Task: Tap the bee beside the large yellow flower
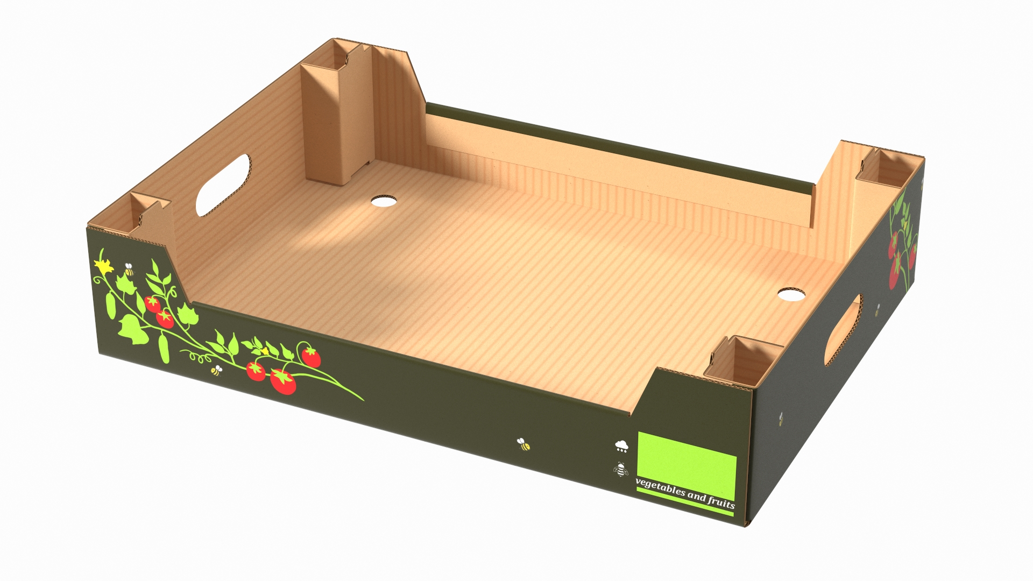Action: pyautogui.click(x=129, y=270)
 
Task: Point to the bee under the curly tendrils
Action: pyautogui.click(x=216, y=370)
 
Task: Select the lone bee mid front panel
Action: pyautogui.click(x=523, y=444)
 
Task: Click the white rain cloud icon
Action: pyautogui.click(x=622, y=445)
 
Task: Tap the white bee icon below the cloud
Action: pyautogui.click(x=621, y=470)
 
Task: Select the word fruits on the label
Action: pyautogui.click(x=721, y=502)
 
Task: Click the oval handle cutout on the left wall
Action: pyautogui.click(x=223, y=185)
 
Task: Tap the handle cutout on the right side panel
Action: pyautogui.click(x=843, y=329)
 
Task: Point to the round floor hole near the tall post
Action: pyautogui.click(x=384, y=201)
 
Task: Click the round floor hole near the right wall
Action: pyautogui.click(x=791, y=294)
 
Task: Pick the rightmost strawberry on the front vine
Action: pyautogui.click(x=310, y=356)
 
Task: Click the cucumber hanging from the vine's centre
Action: pyautogui.click(x=164, y=347)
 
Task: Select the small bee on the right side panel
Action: pyautogui.click(x=877, y=310)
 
